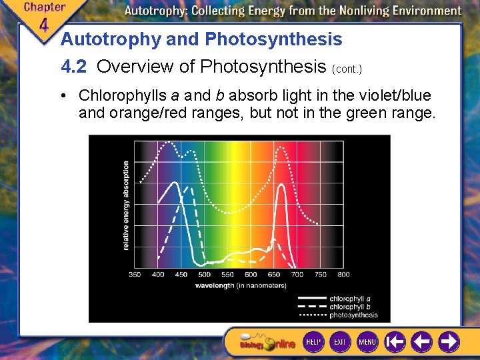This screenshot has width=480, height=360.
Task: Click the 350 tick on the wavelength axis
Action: [x=135, y=274]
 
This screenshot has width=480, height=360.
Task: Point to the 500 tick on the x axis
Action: [x=205, y=274]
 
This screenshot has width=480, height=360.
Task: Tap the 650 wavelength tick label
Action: [x=274, y=274]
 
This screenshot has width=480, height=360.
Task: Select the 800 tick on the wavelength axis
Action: [x=343, y=274]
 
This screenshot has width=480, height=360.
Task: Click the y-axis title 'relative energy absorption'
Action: [x=125, y=206]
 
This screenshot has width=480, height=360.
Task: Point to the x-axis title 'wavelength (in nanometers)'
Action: [x=241, y=285]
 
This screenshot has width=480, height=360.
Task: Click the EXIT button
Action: [x=340, y=342]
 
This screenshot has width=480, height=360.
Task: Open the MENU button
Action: [x=367, y=342]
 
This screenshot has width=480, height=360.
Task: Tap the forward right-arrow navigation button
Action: [x=447, y=342]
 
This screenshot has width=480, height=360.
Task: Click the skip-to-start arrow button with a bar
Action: [x=395, y=342]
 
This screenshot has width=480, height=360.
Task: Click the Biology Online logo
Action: [x=267, y=343]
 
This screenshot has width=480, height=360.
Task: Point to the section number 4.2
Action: [x=75, y=67]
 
